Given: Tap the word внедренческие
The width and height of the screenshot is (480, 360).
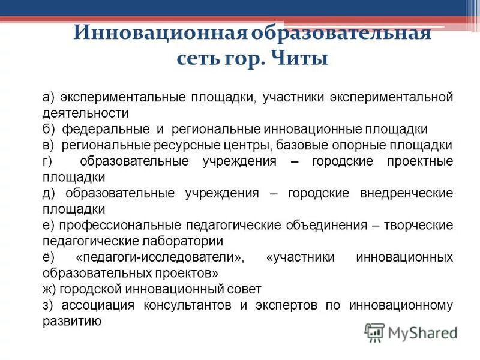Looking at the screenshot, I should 406,194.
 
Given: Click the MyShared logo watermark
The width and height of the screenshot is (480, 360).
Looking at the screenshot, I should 411,332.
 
